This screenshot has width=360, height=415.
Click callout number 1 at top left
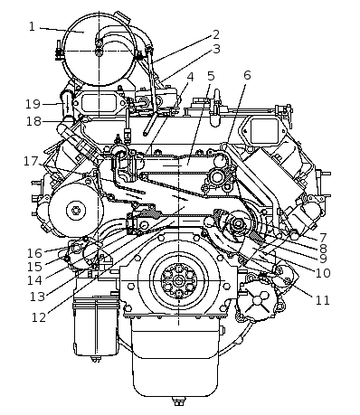point(32,27)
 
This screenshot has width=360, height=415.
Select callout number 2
point(216,34)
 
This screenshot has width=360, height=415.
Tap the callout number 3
point(216,49)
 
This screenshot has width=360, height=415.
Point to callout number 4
point(190,77)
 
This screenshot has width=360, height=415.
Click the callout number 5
point(211,76)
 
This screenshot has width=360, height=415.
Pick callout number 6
point(247,75)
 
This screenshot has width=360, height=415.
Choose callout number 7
point(323,238)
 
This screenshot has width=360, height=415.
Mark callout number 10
point(323,273)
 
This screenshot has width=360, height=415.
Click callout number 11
point(322,300)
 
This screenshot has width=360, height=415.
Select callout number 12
point(39,317)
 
